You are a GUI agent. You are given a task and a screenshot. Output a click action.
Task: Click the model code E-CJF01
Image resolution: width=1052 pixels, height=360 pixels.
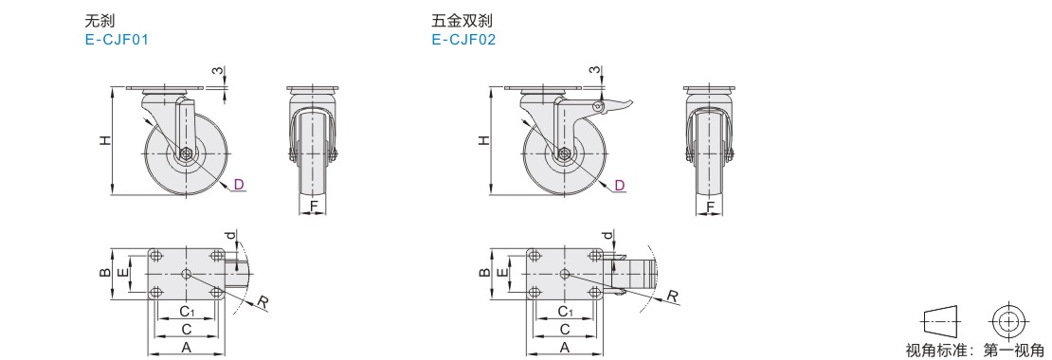[x=117, y=40]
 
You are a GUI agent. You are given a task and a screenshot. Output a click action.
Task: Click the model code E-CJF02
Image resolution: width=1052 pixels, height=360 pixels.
[x=463, y=40]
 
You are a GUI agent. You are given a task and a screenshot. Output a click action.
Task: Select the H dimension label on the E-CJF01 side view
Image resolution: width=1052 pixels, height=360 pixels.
[x=105, y=141]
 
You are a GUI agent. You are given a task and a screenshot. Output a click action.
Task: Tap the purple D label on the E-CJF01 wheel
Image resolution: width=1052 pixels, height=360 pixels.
[x=239, y=185]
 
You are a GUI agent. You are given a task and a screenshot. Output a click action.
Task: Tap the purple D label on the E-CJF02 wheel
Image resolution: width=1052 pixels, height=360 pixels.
[x=620, y=185]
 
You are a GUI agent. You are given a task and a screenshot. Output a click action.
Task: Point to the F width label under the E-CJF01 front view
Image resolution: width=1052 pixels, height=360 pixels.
[x=314, y=207]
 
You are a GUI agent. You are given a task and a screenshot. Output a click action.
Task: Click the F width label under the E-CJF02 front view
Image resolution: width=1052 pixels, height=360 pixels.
[x=711, y=207]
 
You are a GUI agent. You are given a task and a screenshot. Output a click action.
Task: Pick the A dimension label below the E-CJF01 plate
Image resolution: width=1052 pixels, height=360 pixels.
[x=187, y=347]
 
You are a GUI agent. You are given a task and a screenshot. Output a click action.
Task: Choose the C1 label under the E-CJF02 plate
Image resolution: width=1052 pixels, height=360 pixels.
[x=565, y=311]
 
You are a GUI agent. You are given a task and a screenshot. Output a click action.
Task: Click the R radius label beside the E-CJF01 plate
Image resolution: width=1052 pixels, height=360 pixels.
[x=263, y=303]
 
